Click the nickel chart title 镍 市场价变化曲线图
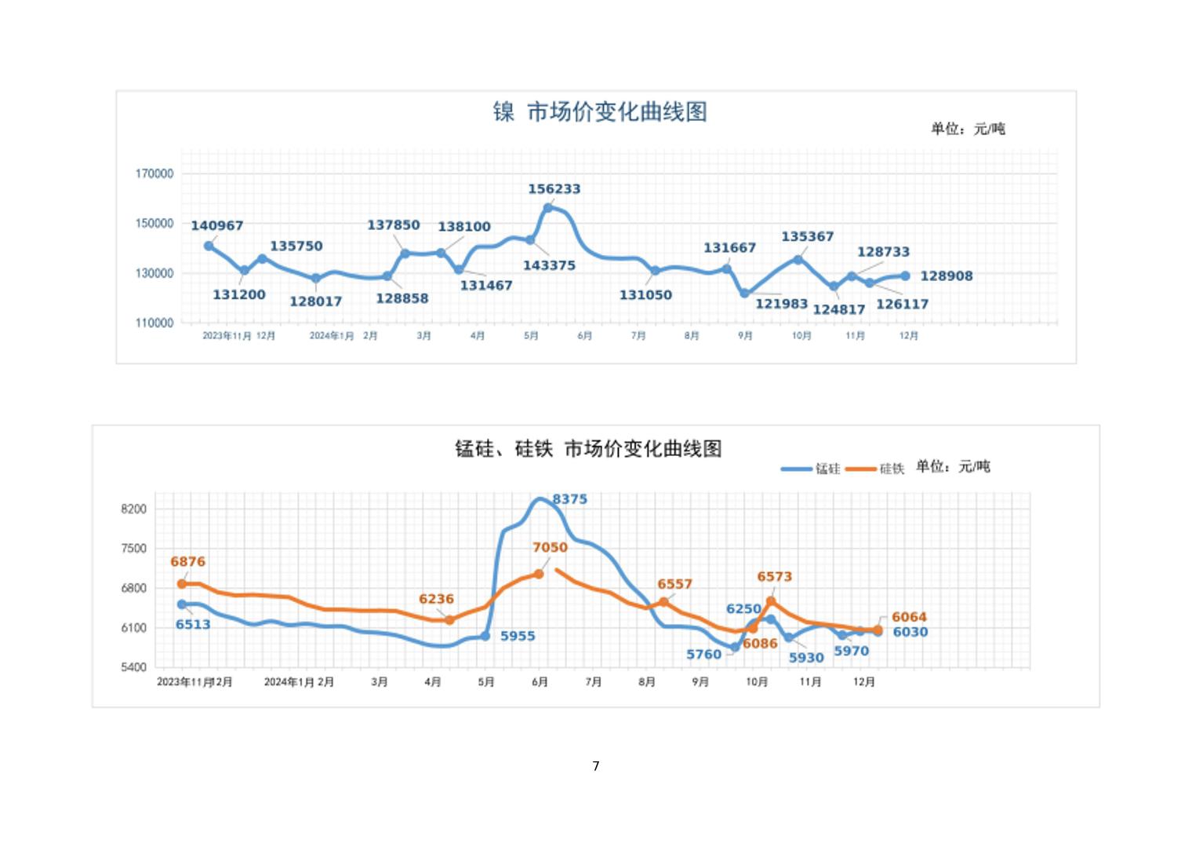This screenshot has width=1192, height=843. tap(600, 111)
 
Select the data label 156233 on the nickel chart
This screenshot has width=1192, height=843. tap(554, 189)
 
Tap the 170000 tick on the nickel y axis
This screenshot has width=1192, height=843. tap(154, 173)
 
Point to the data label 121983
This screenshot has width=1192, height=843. tap(781, 304)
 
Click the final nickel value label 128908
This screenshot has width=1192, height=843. tap(946, 276)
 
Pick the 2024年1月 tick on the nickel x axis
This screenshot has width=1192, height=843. tap(331, 336)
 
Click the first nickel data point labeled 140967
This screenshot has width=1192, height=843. tap(209, 246)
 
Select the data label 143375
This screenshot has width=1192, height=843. tap(549, 266)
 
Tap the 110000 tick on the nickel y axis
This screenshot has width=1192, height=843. tap(154, 323)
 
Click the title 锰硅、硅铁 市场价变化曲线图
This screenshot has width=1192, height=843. tap(588, 449)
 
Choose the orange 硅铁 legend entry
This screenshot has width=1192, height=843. tap(875, 469)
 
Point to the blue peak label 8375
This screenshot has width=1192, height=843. tap(569, 499)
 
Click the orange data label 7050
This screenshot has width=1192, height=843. tap(550, 548)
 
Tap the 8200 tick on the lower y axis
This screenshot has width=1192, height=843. tap(133, 509)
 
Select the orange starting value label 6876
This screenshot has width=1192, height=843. tap(187, 562)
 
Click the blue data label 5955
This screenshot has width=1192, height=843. tap(518, 637)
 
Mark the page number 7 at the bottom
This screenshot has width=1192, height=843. tap(596, 766)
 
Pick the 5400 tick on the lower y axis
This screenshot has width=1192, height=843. tap(133, 668)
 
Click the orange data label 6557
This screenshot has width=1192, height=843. tap(674, 585)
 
